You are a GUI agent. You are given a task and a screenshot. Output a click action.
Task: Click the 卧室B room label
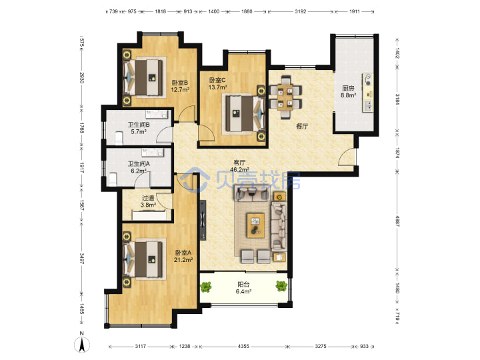(x=180, y=83)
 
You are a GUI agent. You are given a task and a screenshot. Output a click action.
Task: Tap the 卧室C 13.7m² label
(x=217, y=83)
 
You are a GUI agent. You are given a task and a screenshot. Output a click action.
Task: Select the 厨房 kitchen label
(x=349, y=88)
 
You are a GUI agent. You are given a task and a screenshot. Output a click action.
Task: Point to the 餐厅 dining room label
(x=302, y=126)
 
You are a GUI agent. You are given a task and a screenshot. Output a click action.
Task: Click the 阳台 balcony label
(x=243, y=285)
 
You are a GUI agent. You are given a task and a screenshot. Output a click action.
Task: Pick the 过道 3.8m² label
(x=148, y=201)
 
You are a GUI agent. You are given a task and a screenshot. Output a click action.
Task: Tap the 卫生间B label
(x=139, y=125)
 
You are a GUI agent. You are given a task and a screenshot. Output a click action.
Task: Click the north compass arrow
(x=82, y=345)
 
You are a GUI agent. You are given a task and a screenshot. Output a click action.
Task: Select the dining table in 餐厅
(x=285, y=97)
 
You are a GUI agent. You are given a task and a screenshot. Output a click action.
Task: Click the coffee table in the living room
(x=255, y=225)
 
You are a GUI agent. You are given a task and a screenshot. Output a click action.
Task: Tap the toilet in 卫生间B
(x=119, y=139)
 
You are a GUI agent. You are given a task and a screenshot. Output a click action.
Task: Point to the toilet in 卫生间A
(x=113, y=179)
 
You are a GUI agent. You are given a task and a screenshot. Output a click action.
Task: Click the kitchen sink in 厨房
(x=368, y=106)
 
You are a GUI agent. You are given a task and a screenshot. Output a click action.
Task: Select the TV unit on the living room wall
(x=203, y=221)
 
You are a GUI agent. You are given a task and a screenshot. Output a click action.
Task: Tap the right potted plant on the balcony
(x=281, y=286)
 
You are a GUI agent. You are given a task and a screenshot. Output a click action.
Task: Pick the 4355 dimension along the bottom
(x=243, y=346)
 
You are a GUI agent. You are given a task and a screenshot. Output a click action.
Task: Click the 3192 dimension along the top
(x=300, y=11)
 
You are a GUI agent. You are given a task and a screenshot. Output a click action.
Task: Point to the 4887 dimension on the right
(x=397, y=221)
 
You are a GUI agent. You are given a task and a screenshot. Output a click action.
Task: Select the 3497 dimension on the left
(x=82, y=258)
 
